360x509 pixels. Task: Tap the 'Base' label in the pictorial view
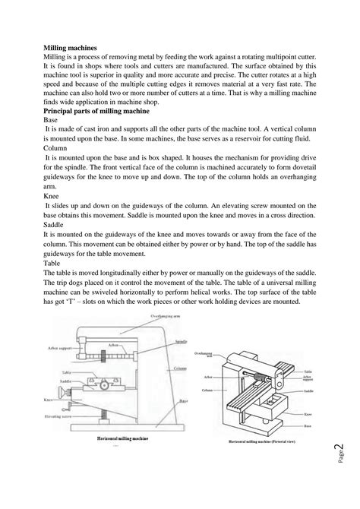click(x=307, y=425)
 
